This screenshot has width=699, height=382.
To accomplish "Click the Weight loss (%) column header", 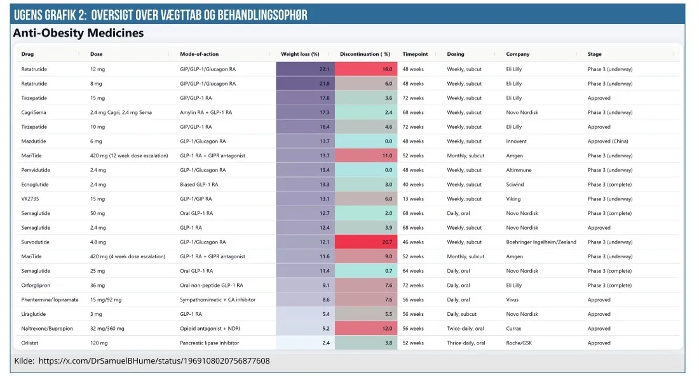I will (300, 54).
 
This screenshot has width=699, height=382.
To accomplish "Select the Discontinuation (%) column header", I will (365, 54).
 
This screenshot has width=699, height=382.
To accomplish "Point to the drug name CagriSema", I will (34, 112).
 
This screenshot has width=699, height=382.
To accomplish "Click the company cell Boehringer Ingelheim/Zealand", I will (540, 242).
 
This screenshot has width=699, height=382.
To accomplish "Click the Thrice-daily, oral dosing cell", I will (466, 343).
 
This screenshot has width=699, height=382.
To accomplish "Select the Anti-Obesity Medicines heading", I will (78, 33).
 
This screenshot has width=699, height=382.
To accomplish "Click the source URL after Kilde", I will (154, 361).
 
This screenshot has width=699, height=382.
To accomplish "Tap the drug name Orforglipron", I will (36, 286).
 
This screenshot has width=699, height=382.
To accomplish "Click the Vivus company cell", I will (513, 300).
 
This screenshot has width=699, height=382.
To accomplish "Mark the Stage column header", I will (594, 54).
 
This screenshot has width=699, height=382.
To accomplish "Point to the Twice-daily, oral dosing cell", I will (465, 329).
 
